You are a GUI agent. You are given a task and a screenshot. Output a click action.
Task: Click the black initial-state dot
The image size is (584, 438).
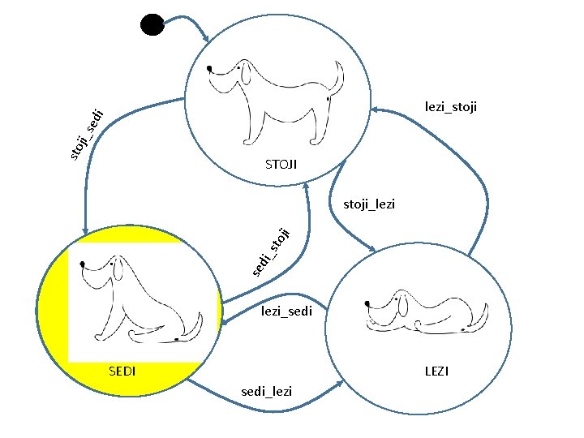(152, 24)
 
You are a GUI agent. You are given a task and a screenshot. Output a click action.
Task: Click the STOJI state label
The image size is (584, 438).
(281, 165)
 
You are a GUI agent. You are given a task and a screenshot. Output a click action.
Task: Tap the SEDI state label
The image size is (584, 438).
(122, 371)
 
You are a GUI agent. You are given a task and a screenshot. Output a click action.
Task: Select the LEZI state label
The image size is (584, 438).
(436, 371)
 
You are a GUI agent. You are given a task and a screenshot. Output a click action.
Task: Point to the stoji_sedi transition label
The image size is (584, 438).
(84, 132)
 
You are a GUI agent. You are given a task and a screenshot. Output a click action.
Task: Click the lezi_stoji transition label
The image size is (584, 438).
(451, 106)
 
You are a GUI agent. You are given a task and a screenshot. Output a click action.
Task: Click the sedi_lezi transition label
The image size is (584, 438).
(267, 392)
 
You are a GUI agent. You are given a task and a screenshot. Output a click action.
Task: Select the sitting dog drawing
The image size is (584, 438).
(138, 300)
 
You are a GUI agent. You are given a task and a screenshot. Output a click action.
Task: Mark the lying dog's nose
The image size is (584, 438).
(368, 303)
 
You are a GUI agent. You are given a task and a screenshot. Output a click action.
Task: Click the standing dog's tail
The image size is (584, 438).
(333, 81)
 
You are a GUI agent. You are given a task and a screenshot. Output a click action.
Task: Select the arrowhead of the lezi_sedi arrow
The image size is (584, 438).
(221, 324)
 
